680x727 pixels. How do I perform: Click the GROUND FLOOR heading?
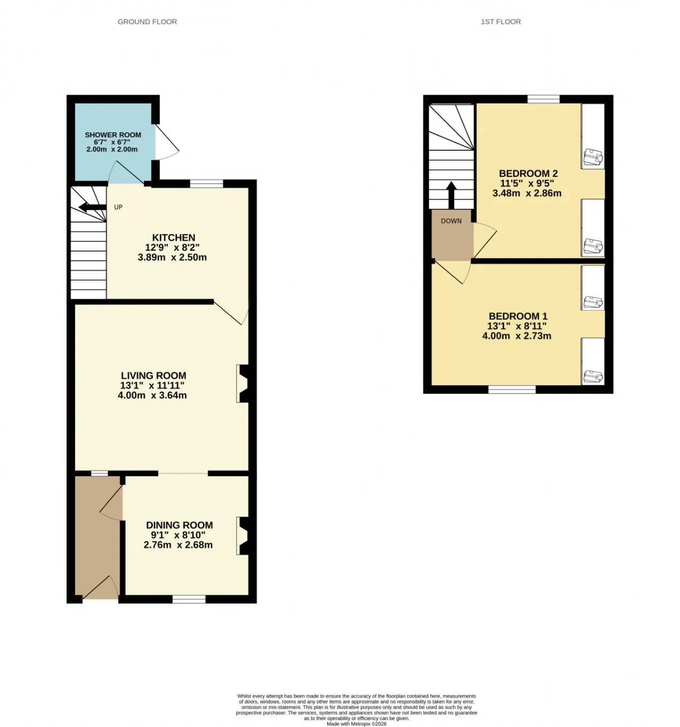(x=147, y=22)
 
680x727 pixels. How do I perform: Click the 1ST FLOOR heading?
(x=500, y=22)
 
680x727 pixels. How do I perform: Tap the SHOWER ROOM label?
(x=113, y=135)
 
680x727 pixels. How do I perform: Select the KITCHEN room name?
(x=174, y=237)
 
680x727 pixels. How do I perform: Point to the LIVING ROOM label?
(x=154, y=375)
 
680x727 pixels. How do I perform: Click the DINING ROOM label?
(x=180, y=525)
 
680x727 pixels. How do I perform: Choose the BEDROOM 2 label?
(x=528, y=174)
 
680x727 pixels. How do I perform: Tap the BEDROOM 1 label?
(x=518, y=317)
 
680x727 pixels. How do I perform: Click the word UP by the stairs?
(x=118, y=207)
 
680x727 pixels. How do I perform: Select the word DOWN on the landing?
(x=451, y=221)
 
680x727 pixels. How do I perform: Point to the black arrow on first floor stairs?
(x=451, y=195)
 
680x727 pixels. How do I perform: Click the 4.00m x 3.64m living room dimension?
(x=152, y=395)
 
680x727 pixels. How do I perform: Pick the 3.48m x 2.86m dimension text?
(x=527, y=193)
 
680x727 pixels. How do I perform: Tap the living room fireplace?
(x=243, y=383)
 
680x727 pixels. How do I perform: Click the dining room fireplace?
(x=243, y=536)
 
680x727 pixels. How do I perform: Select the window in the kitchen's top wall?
(x=207, y=183)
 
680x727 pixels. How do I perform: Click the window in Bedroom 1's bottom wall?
(x=512, y=389)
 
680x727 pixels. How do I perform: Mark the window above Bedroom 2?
(x=543, y=99)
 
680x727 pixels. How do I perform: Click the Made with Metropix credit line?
(x=356, y=724)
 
